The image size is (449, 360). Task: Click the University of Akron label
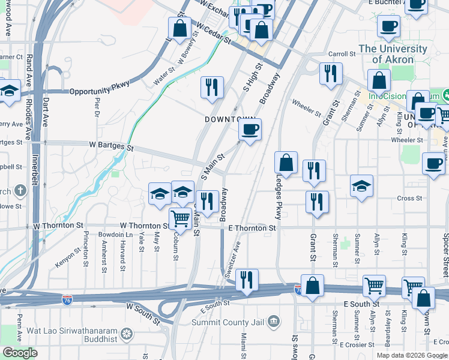pyautogui.click(x=393, y=54)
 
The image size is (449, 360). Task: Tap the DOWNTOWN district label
pyautogui.click(x=231, y=119)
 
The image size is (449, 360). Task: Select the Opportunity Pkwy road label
pyautogui.click(x=100, y=91)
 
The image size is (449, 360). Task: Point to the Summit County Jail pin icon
pyautogui.click(x=274, y=322)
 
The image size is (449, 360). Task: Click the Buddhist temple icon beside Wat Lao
pyautogui.click(x=127, y=333)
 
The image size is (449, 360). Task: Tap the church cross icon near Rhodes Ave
pyautogui.click(x=20, y=191)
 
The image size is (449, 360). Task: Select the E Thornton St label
pyautogui.click(x=252, y=228)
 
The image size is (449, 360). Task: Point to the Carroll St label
pyautogui.click(x=342, y=54)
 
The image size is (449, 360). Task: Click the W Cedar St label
pyautogui.click(x=214, y=34)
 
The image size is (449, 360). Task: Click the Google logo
pyautogui.click(x=20, y=353)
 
